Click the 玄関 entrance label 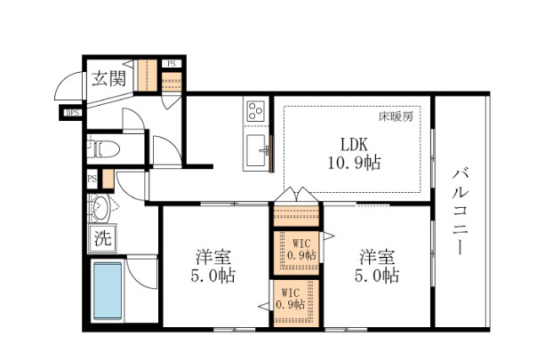tap(106, 77)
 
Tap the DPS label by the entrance tap(72, 112)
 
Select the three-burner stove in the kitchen tap(257, 112)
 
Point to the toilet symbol tap(101, 147)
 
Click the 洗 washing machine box tap(102, 238)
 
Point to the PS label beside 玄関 tap(170, 65)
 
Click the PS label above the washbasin tap(92, 179)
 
